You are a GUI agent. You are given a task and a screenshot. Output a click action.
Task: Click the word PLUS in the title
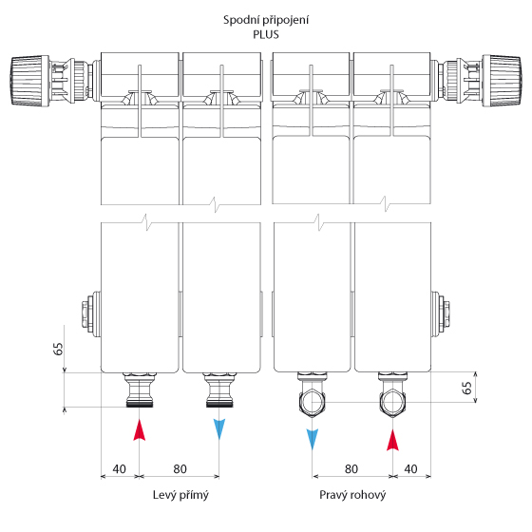click(x=266, y=34)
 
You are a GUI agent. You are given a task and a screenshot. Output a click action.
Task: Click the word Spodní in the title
click(x=238, y=20)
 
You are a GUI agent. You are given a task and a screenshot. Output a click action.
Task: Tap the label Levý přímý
click(x=180, y=495)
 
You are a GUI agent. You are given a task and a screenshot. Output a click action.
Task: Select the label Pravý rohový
click(x=352, y=495)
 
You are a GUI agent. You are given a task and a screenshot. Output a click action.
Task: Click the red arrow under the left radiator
click(x=139, y=429)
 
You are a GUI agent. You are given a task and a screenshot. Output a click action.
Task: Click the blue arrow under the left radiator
click(x=219, y=429)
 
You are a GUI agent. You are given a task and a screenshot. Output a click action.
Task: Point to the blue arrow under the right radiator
click(x=313, y=439)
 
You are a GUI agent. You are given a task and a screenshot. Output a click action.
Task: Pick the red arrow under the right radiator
click(x=392, y=440)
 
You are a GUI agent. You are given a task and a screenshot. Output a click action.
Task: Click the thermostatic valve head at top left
click(x=29, y=81)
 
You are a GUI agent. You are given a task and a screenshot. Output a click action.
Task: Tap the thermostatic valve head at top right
click(x=502, y=81)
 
